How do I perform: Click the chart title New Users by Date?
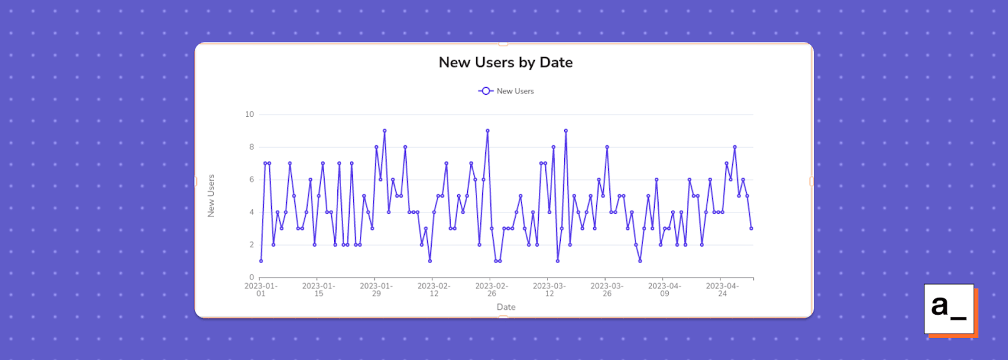coord(506,62)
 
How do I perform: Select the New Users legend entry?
coord(506,91)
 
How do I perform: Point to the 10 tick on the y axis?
coord(249,114)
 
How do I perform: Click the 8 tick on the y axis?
coord(251,147)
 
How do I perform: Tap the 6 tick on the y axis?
coord(251,179)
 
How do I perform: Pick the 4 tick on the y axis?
coord(251,212)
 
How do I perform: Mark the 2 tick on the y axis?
coord(251,245)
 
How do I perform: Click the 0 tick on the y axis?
coord(251,277)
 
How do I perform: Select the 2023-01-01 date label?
coord(261,289)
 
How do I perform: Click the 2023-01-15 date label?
coord(319,289)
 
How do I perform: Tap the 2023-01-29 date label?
coord(376,289)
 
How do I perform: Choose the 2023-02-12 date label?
coord(434,289)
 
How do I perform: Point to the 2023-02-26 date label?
coord(491,289)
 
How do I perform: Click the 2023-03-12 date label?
coord(549,289)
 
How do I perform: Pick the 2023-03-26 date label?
coord(607,289)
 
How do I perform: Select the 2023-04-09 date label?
coord(664,289)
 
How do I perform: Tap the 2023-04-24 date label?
coord(722,289)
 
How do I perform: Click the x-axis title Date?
coord(506,307)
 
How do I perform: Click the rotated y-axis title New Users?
coord(211,196)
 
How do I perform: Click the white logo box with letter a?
coord(949,309)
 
